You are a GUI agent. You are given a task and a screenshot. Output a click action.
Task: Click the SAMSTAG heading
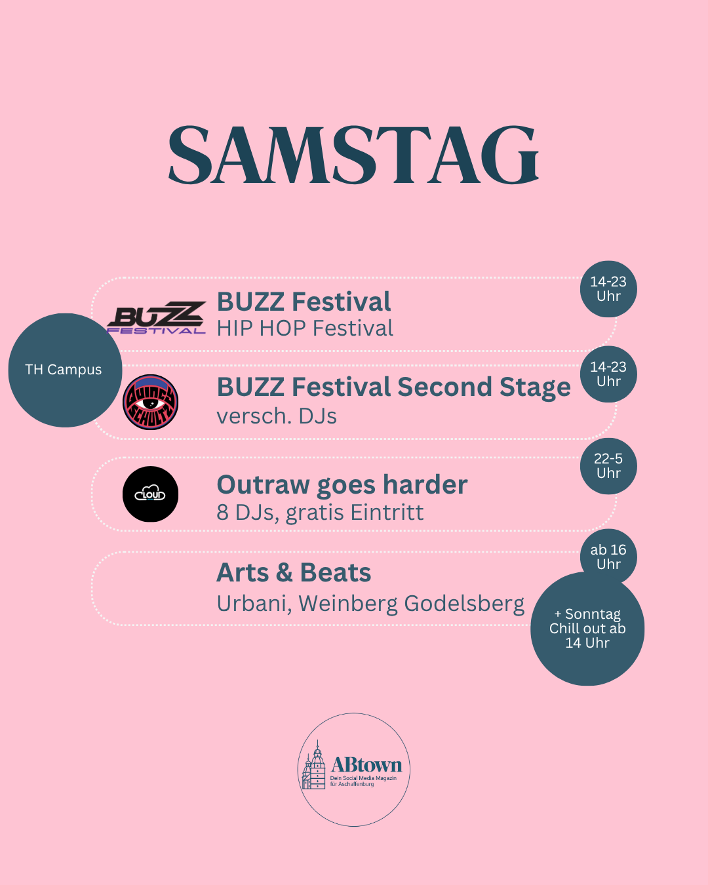coord(353,155)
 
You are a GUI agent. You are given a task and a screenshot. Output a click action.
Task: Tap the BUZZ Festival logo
coord(156,317)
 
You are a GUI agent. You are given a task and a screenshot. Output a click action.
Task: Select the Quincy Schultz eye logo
coord(151,403)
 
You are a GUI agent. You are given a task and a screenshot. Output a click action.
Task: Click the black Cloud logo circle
coord(151,494)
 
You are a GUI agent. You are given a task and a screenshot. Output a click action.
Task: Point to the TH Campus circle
coord(65,370)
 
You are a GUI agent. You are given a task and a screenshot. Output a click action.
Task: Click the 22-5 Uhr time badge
coord(608,466)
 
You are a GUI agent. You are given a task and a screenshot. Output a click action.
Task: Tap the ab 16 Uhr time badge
coord(608,557)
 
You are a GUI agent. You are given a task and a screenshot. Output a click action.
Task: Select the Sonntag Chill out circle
coord(587,629)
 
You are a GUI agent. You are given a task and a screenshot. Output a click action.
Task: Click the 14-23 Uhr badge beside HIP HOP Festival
coord(608,288)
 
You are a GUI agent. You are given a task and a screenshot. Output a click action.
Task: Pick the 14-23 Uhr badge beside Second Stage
coord(608,374)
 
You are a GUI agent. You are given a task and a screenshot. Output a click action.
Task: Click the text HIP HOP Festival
coord(305,328)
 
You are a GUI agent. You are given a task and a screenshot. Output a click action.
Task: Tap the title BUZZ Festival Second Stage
coord(394,388)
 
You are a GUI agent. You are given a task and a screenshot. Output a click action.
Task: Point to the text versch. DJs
coord(277,416)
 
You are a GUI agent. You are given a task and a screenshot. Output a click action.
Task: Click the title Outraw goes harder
coord(342,485)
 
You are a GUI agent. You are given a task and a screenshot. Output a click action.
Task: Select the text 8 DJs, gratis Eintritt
coord(320,513)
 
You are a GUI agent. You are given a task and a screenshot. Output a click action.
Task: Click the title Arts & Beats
coord(294,572)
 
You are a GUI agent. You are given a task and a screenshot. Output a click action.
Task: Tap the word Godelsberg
coord(464,604)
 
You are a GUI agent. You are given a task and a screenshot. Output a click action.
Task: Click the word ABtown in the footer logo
coord(366,765)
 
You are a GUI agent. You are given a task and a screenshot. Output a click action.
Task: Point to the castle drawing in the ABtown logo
coord(314,765)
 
